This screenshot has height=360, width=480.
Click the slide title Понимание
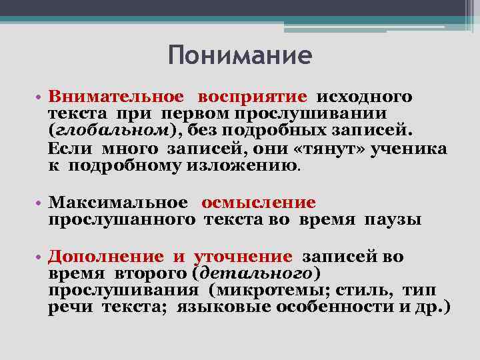point(240,55)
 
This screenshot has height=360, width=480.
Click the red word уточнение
point(243,256)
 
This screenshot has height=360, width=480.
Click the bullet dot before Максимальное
point(40,203)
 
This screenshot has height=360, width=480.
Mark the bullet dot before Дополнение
point(40,257)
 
